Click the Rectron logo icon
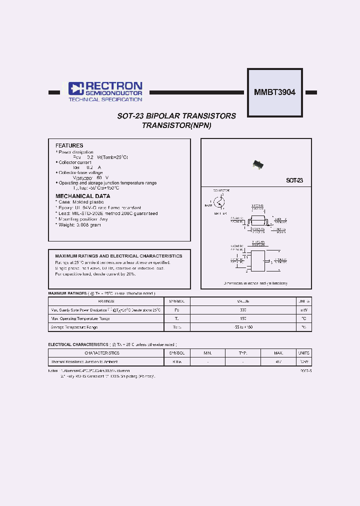(x=75, y=89)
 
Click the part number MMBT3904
(x=274, y=92)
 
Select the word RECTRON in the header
(x=113, y=86)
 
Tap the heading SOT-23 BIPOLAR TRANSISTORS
(x=176, y=116)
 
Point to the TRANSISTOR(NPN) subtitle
(x=176, y=125)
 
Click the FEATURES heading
(x=69, y=145)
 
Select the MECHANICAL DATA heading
(x=82, y=196)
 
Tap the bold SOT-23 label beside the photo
(x=294, y=180)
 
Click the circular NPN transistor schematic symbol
(x=219, y=202)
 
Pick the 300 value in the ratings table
(x=243, y=310)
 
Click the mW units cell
(x=303, y=310)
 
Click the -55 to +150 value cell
(x=243, y=327)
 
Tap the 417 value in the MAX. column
(x=278, y=361)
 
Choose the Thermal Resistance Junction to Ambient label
(x=84, y=361)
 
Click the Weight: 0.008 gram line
(x=79, y=225)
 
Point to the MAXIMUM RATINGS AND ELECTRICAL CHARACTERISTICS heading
(x=118, y=255)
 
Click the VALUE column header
(x=243, y=301)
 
